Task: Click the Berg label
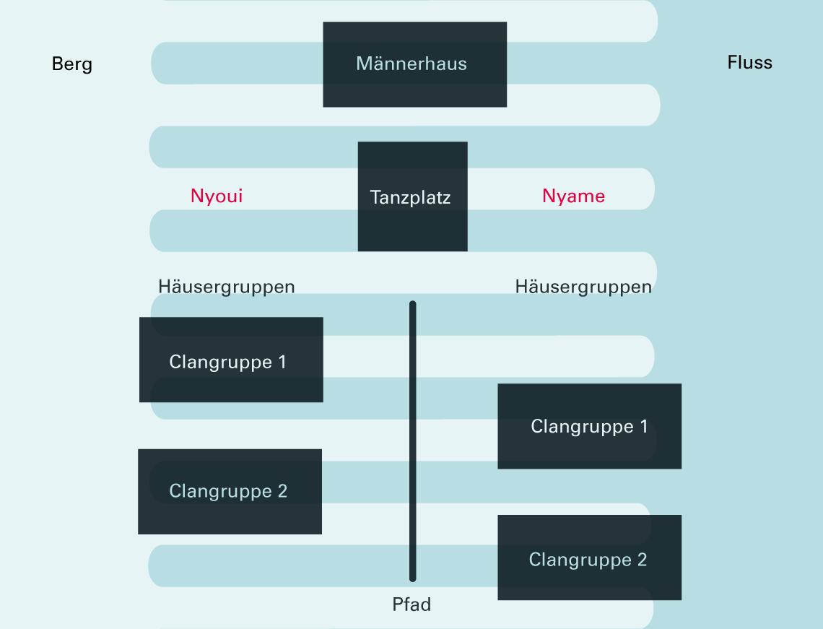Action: [72, 64]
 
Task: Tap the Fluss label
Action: [749, 63]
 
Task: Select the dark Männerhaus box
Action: [414, 64]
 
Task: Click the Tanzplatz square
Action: [412, 196]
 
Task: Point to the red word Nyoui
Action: [217, 196]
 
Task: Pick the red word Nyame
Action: [573, 196]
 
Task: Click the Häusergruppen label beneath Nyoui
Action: [227, 287]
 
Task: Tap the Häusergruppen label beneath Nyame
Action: [583, 287]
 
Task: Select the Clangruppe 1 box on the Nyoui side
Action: [231, 360]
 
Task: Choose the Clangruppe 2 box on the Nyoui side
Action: [230, 491]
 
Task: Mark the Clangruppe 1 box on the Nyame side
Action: [589, 426]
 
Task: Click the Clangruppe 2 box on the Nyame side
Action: [589, 558]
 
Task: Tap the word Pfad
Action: [411, 604]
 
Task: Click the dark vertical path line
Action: [413, 441]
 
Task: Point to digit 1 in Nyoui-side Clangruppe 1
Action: [282, 362]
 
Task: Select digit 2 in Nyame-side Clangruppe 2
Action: [642, 560]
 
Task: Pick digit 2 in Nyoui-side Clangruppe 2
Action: [282, 492]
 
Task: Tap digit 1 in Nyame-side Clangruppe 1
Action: [644, 427]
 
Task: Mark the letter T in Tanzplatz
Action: [375, 197]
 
